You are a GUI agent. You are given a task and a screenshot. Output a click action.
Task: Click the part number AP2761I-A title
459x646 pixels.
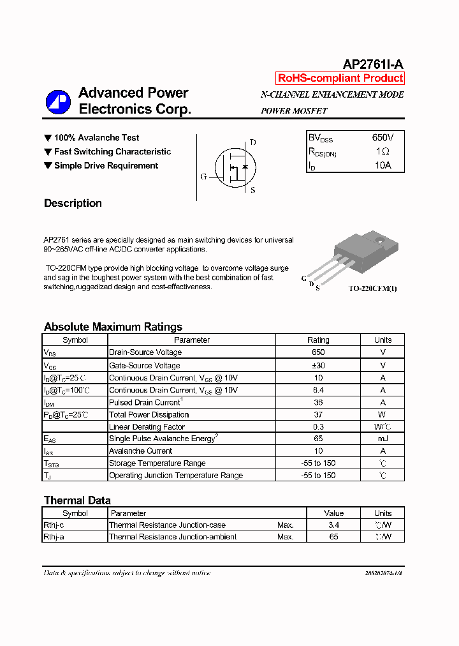click(373, 64)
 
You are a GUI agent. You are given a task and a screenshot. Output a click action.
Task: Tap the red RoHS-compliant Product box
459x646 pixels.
click(340, 79)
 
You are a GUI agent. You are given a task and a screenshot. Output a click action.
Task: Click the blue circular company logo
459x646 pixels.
click(58, 101)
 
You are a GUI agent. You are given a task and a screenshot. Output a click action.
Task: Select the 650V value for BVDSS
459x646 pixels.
click(382, 138)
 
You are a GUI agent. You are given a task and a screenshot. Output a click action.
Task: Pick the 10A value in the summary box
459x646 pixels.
click(382, 165)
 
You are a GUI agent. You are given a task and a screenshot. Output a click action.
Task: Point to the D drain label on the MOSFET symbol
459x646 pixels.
click(252, 142)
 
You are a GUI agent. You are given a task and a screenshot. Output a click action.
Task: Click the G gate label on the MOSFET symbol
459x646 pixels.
click(203, 177)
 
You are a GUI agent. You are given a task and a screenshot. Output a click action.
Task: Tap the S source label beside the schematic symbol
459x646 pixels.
click(252, 190)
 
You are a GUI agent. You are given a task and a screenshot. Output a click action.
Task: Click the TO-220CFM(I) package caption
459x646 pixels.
click(372, 289)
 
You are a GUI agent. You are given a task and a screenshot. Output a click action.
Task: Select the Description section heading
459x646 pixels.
click(73, 204)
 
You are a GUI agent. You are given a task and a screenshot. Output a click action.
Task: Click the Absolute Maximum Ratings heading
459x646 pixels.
click(113, 327)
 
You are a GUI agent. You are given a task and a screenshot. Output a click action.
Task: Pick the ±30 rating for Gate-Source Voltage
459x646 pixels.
click(318, 366)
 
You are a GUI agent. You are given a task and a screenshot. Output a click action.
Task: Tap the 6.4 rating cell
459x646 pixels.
click(318, 390)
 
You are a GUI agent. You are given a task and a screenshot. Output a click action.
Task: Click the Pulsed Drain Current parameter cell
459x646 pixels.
click(146, 402)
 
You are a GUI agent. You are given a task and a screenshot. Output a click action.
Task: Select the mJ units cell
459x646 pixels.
click(382, 439)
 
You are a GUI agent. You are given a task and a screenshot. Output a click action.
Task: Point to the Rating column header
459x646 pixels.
click(318, 340)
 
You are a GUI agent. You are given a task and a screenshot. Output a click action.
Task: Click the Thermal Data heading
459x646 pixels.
click(77, 500)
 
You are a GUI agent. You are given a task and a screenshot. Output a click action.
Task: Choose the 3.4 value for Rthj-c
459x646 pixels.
click(333, 525)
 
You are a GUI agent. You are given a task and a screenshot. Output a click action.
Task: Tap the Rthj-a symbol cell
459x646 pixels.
click(54, 537)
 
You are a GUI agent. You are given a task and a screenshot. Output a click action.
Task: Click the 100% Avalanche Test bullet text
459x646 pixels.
click(96, 138)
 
